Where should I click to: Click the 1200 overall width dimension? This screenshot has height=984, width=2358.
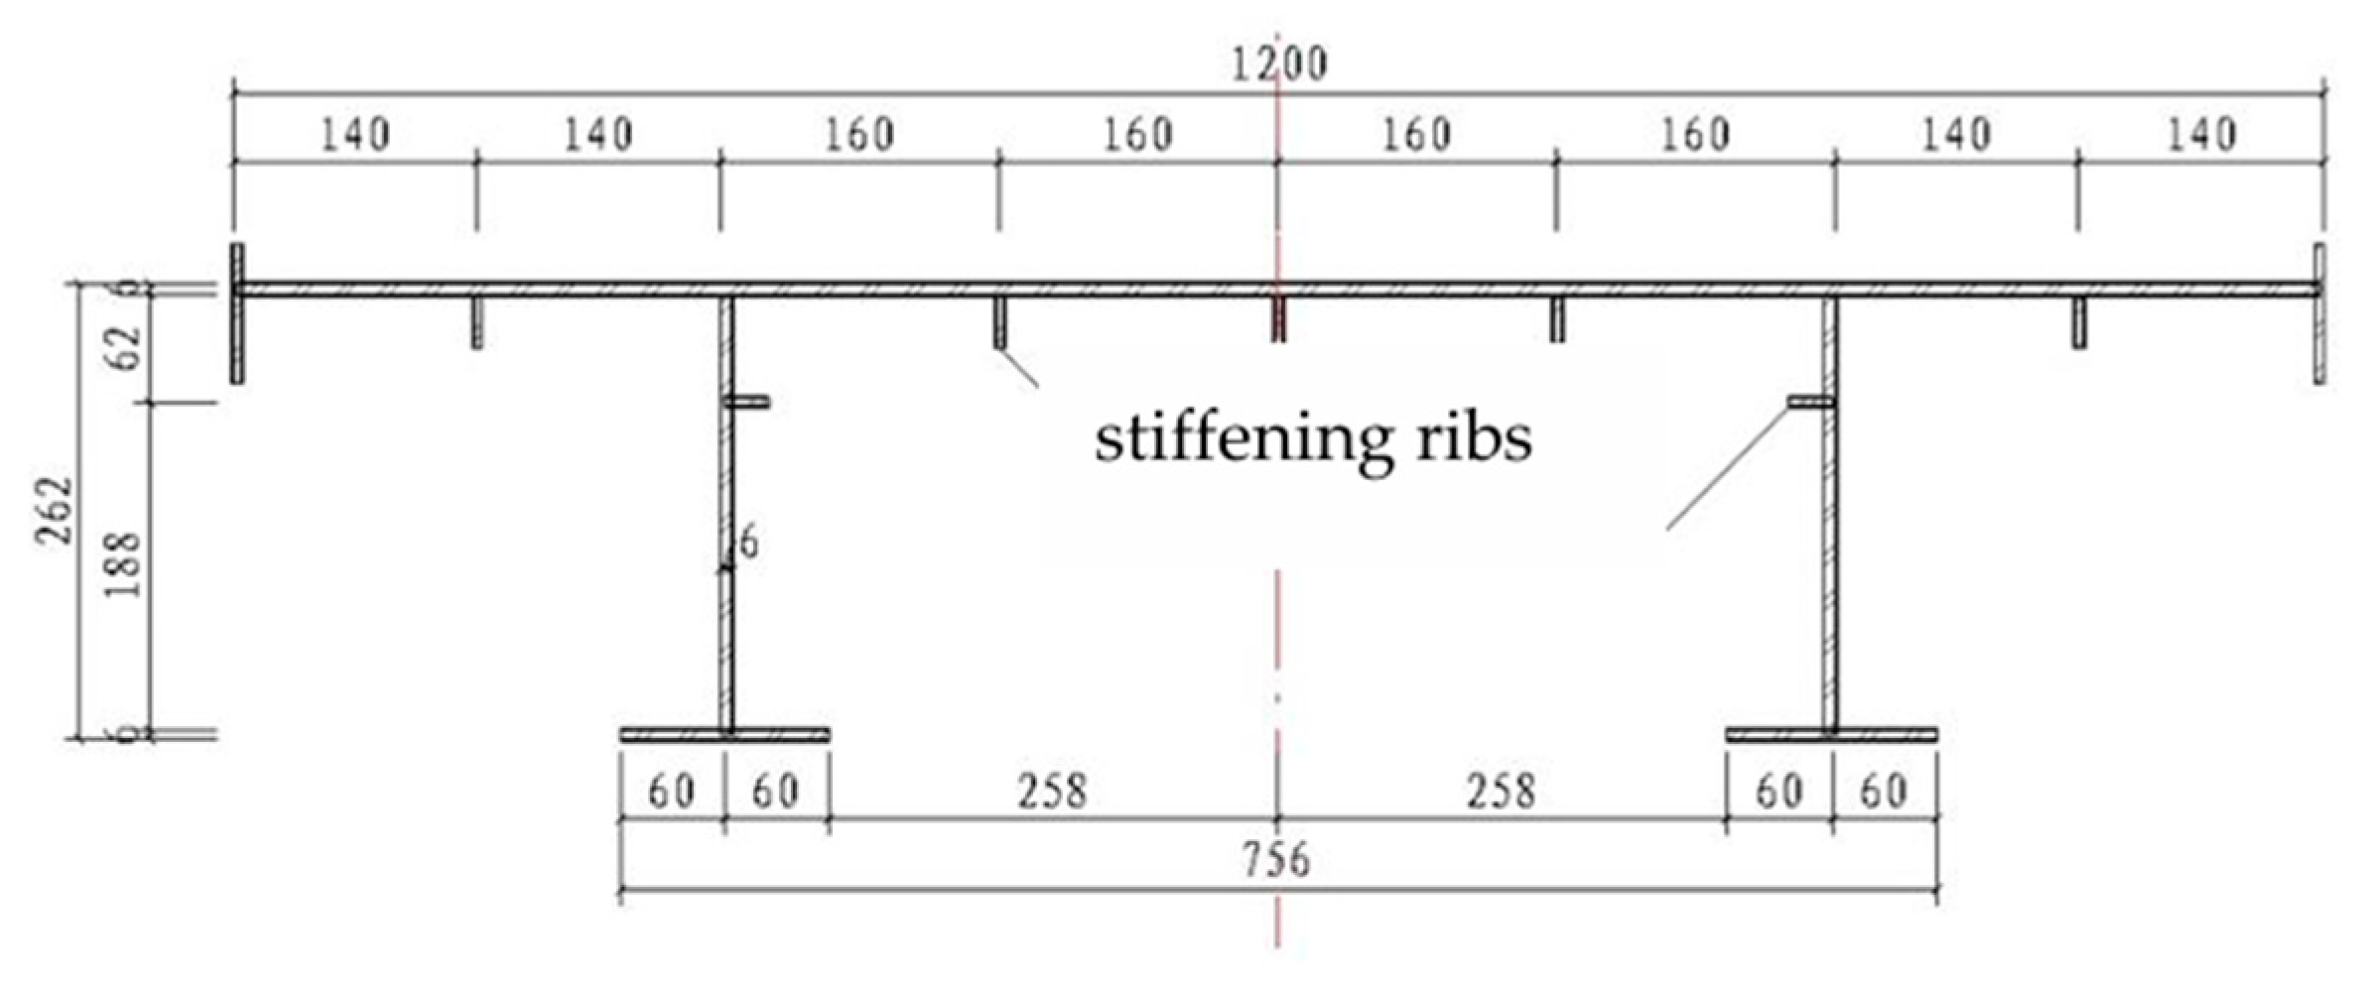click(1278, 64)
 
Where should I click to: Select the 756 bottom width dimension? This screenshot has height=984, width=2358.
click(1276, 859)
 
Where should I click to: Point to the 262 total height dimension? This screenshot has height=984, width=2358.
click(55, 510)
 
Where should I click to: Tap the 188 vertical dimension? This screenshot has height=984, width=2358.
click(124, 565)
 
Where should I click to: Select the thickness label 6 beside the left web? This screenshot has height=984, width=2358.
click(748, 543)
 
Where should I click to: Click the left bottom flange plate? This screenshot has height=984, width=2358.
click(724, 735)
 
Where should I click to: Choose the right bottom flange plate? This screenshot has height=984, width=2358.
click(1831, 735)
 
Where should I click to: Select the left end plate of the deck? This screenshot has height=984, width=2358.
click(237, 312)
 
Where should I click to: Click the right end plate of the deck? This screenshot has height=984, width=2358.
click(2319, 312)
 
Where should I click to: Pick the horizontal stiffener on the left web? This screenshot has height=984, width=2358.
click(746, 402)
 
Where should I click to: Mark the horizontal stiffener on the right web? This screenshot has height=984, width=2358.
click(1810, 402)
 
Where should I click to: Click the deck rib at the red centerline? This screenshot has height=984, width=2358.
click(1278, 320)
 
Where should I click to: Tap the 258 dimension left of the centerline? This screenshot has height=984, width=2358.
click(1052, 792)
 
